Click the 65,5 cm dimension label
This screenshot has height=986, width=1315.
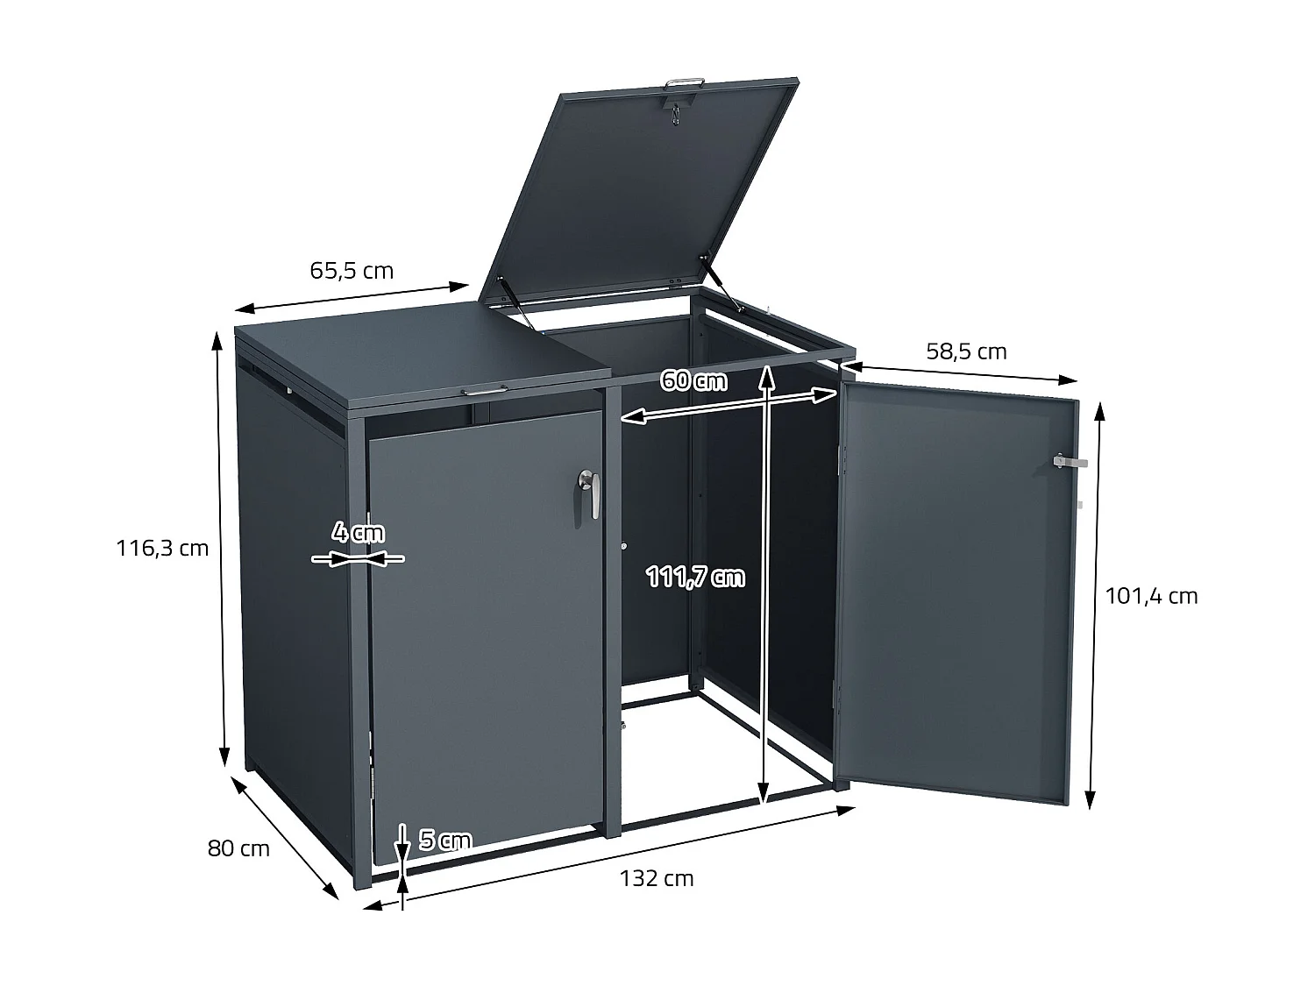[x=352, y=271]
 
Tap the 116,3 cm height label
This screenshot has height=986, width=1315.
[x=163, y=549]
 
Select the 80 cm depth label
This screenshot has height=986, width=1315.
[x=238, y=848]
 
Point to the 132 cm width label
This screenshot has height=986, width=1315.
[x=656, y=878]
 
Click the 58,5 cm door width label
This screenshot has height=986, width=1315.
[x=966, y=351]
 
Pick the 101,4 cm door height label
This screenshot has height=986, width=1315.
[x=1151, y=596]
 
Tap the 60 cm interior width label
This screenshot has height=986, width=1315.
[x=693, y=381]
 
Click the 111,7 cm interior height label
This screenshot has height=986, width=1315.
[x=695, y=577]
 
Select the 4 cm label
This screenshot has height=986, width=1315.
[x=358, y=531]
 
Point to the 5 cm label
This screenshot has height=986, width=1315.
[x=445, y=841]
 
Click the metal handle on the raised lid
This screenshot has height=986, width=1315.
[x=686, y=83]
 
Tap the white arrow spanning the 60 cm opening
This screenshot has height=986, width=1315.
[x=728, y=406]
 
